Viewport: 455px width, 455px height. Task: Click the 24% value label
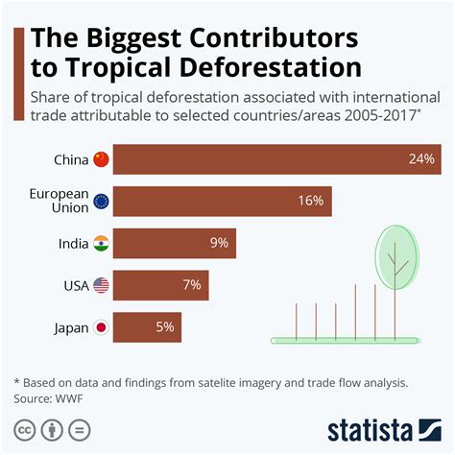tap(421, 159)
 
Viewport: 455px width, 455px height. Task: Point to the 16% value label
tap(311, 202)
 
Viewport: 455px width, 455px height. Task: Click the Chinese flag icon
tap(101, 159)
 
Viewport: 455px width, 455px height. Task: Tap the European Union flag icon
tap(101, 202)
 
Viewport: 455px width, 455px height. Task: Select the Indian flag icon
tap(101, 244)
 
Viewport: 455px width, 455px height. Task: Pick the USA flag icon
tap(101, 285)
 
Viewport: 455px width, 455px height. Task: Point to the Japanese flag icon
tap(101, 327)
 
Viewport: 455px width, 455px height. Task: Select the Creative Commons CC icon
tap(26, 428)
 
